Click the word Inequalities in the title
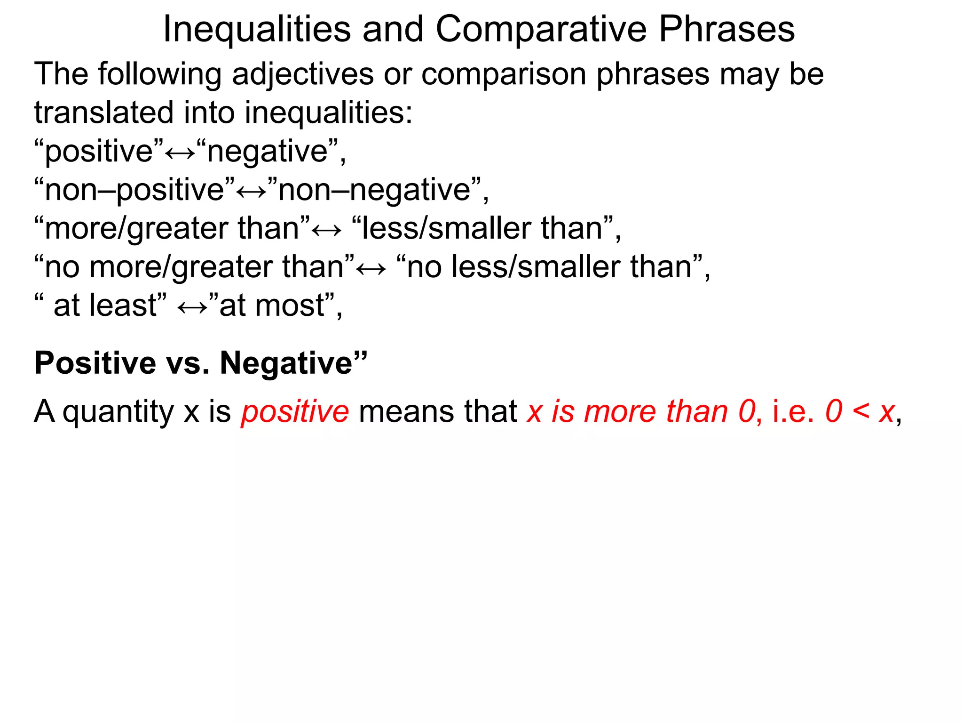pos(257,29)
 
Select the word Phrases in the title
pos(726,29)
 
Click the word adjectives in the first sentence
pos(302,74)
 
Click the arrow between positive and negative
pos(180,153)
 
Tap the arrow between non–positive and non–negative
pos(251,192)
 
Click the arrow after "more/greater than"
pos(327,230)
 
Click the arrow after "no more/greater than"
pos(371,269)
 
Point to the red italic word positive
pos(295,411)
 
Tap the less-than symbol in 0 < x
pos(861,411)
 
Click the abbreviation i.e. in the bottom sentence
pos(793,411)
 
